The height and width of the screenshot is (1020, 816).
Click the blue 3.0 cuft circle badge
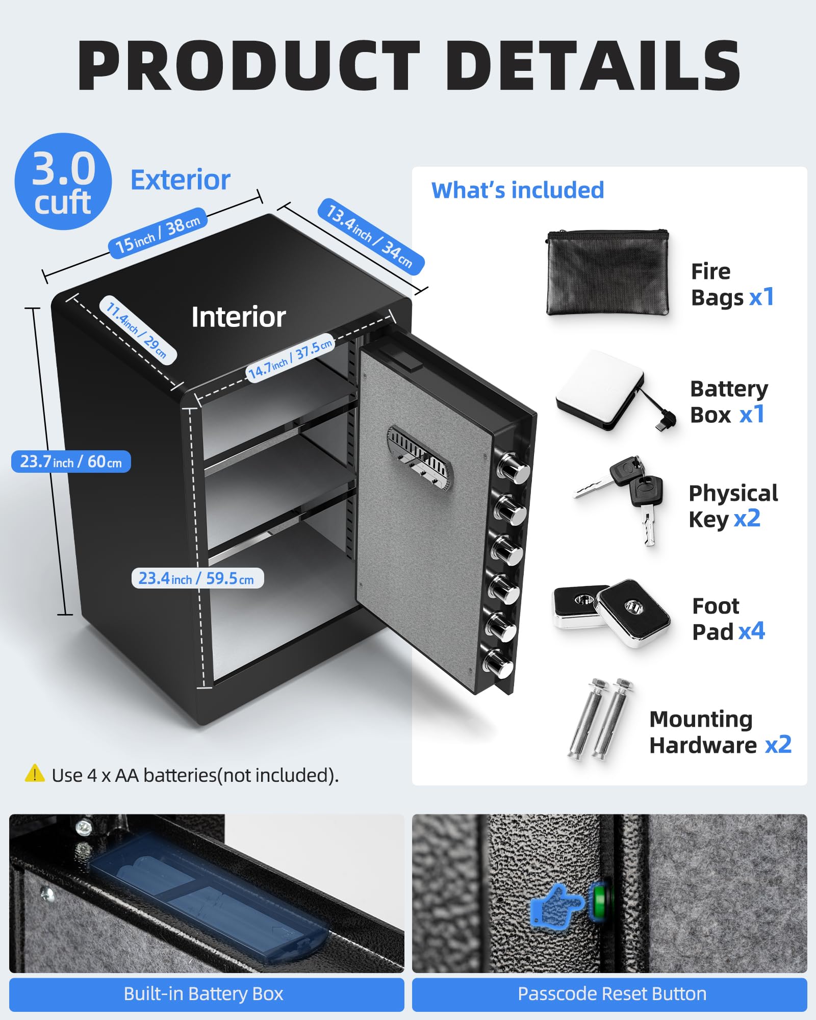point(63,182)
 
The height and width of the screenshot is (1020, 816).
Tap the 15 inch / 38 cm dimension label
point(158,233)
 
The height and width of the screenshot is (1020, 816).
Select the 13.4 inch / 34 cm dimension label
point(371,236)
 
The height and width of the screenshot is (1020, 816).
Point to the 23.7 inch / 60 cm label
point(71,462)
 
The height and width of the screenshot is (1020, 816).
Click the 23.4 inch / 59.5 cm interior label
point(197,578)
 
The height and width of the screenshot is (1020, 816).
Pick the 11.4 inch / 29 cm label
point(137,329)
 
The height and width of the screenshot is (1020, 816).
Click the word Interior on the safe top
point(238,317)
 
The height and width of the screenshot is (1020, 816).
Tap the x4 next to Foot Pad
point(752,631)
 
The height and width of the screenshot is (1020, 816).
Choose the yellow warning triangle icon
point(35,774)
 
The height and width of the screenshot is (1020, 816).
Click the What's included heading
point(517,190)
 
